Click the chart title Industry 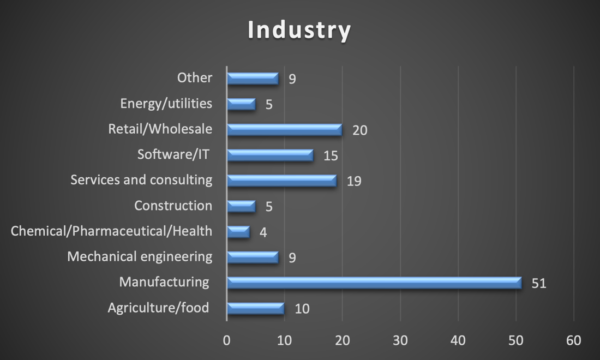click(299, 31)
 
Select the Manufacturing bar click(374, 283)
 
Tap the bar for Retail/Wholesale click(284, 129)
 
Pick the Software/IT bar click(270, 155)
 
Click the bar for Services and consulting click(281, 181)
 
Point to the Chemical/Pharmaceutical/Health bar click(238, 232)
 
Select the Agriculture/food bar click(255, 308)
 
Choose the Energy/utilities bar click(241, 104)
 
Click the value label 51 click(539, 284)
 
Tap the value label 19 click(354, 181)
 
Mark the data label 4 click(263, 232)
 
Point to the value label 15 click(331, 156)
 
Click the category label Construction click(173, 206)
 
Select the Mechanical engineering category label click(140, 256)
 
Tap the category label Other click(195, 77)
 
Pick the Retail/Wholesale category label click(160, 129)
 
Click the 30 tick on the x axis click(400, 341)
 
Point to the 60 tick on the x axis click(574, 341)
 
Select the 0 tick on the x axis click(227, 341)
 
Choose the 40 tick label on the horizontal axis click(458, 341)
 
